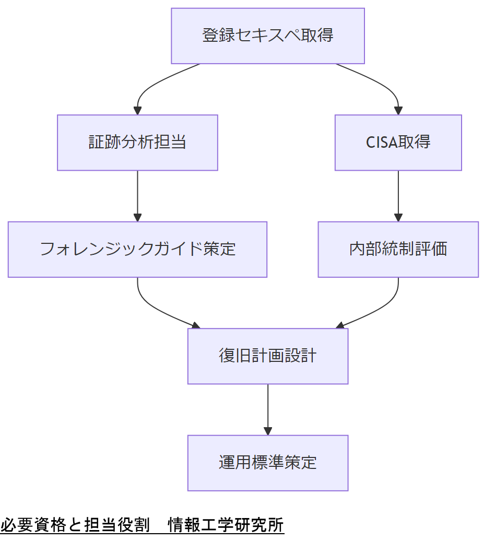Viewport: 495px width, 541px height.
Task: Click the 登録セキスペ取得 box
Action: click(x=268, y=36)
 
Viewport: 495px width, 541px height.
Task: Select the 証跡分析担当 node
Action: click(x=137, y=143)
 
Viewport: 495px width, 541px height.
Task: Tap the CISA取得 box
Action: click(x=398, y=143)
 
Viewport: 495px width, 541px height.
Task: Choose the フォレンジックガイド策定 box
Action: click(x=137, y=249)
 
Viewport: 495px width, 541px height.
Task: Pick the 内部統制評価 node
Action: click(x=398, y=249)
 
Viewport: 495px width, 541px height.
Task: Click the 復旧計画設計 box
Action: click(x=268, y=356)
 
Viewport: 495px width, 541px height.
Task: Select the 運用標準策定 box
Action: click(x=268, y=463)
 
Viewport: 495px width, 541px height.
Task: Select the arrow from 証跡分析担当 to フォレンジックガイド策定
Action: click(x=137, y=196)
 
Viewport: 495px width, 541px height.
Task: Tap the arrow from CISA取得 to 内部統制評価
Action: click(x=398, y=196)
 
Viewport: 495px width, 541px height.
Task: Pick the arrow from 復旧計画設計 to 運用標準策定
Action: click(x=268, y=409)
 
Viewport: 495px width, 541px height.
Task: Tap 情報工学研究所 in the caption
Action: click(x=226, y=525)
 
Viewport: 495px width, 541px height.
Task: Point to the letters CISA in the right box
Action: click(x=382, y=143)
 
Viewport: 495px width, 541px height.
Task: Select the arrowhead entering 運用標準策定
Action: click(x=268, y=431)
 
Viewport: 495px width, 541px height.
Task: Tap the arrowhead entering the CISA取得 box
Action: click(x=398, y=111)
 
